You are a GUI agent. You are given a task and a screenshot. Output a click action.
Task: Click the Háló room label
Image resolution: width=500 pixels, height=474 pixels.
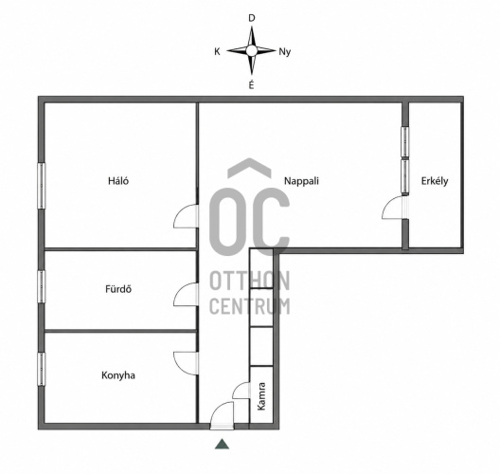[118, 181]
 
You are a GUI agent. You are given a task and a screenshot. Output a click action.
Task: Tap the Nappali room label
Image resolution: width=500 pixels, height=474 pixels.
[301, 181]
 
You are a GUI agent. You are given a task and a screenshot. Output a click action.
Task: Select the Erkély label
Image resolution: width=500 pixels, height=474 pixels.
[435, 181]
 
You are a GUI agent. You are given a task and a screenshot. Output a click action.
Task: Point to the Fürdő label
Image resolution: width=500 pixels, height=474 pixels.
[118, 289]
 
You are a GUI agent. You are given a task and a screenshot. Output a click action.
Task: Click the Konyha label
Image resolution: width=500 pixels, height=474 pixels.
[118, 375]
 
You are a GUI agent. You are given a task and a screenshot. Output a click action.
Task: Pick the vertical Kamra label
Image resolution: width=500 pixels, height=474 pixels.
[261, 396]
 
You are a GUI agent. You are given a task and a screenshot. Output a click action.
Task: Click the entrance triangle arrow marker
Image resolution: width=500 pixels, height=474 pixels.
[222, 444]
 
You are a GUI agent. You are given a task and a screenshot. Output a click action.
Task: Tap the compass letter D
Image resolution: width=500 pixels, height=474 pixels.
[252, 18]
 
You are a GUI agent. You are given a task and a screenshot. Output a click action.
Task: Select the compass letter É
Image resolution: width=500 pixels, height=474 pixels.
[251, 84]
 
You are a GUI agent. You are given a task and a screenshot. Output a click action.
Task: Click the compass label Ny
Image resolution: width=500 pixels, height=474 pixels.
[285, 52]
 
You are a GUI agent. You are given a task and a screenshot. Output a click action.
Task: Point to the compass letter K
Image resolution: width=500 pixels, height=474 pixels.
[217, 52]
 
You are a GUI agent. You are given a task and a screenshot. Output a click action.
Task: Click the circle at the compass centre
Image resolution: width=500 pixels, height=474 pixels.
[251, 50]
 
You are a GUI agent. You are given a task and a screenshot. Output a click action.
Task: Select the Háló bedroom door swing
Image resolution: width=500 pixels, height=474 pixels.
[186, 216]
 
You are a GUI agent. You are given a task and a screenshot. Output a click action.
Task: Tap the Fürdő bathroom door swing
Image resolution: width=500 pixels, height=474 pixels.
[186, 294]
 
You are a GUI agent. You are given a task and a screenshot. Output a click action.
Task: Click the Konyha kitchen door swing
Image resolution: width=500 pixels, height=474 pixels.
[186, 363]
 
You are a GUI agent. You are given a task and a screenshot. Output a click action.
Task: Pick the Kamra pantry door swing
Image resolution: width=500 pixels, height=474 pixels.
[241, 390]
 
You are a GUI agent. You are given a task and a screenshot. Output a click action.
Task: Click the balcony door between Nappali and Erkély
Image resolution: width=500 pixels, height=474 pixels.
[394, 208]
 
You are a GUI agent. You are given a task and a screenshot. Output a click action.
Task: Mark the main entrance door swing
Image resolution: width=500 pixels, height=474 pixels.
[222, 413]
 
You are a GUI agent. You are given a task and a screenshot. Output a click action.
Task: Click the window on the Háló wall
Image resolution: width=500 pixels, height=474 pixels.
[41, 186]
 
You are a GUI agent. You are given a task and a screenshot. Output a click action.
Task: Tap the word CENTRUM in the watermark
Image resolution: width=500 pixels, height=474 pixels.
[250, 306]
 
